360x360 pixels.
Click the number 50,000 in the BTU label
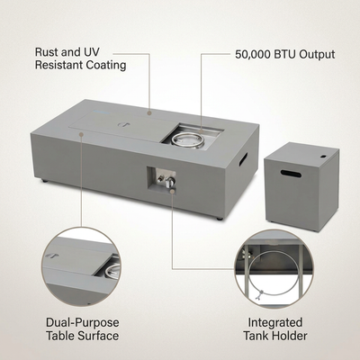[252, 55]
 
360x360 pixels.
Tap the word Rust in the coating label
[46, 52]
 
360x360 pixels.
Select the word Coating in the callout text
[106, 65]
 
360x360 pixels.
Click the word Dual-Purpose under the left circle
[83, 323]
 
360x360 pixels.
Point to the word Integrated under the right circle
[275, 323]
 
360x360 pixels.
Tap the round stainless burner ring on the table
[187, 139]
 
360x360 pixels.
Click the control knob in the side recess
[170, 181]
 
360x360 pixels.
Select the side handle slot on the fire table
[243, 158]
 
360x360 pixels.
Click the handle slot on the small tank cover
[291, 174]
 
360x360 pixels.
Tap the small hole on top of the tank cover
[323, 157]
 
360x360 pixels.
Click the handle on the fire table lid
[123, 124]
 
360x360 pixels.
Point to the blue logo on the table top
[101, 112]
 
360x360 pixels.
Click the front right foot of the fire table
[220, 219]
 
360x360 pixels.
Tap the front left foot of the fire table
[44, 181]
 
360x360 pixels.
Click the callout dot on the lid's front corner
[81, 134]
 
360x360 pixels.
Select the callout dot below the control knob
[172, 191]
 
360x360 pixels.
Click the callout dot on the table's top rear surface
[149, 112]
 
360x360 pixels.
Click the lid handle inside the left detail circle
[51, 256]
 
